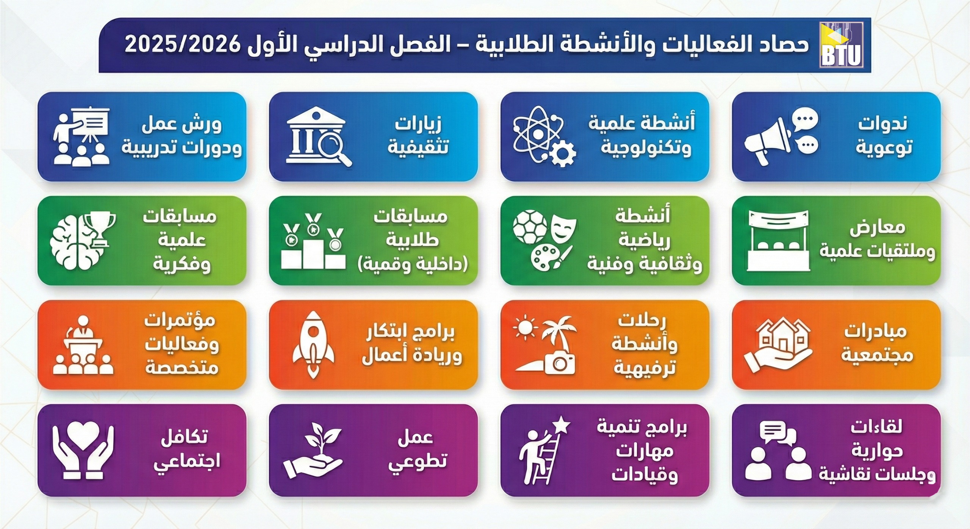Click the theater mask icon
coord(564,227)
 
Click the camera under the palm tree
coord(559,363)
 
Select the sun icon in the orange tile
coord(525,327)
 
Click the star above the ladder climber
coord(562,426)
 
